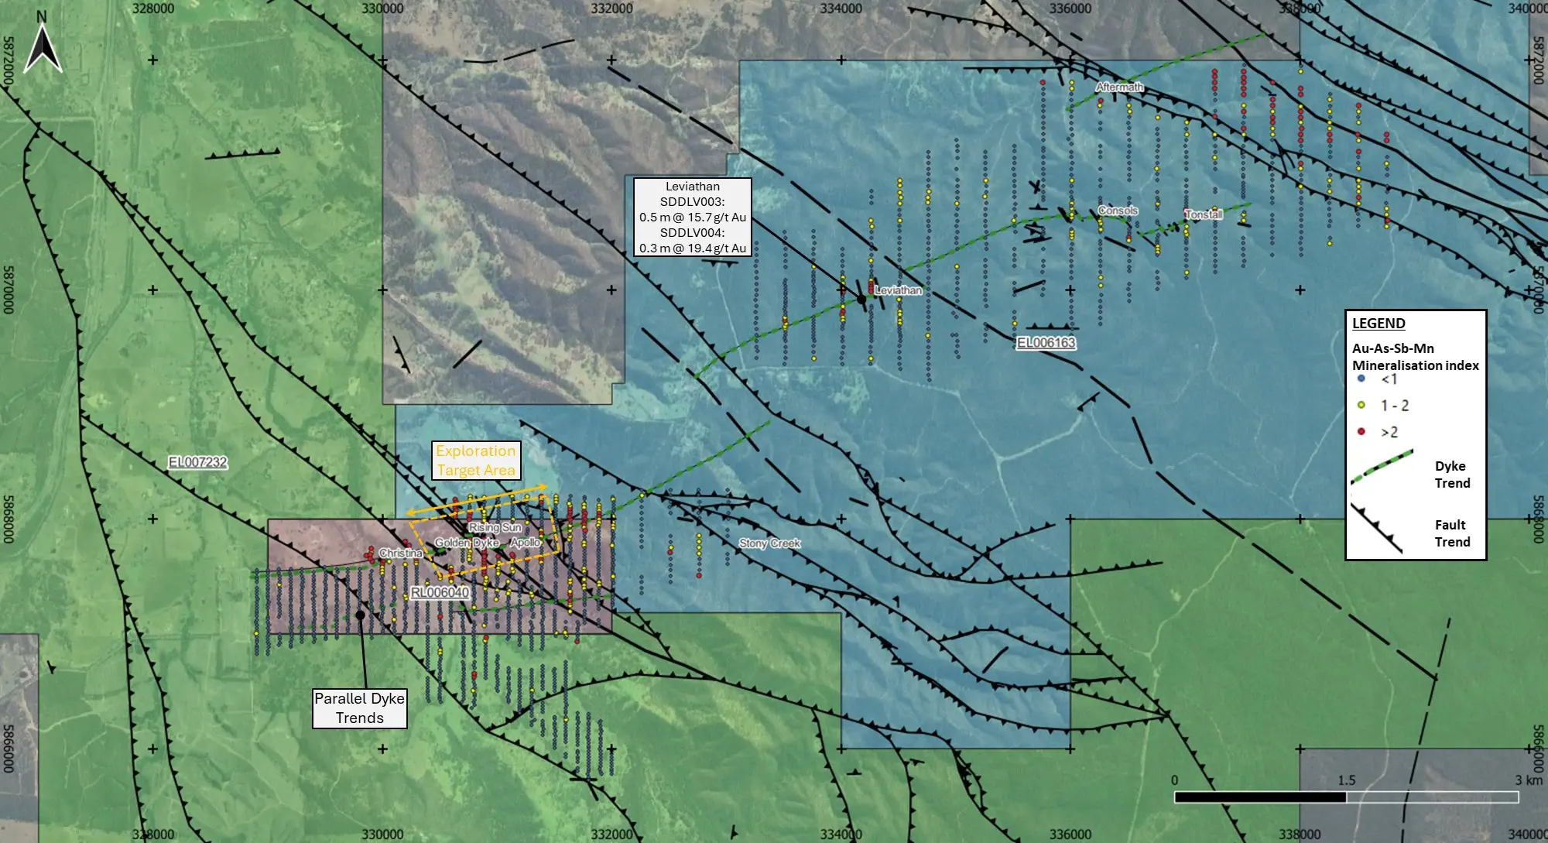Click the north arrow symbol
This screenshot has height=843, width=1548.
pyautogui.click(x=43, y=48)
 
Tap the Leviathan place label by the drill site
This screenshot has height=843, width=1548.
pyautogui.click(x=899, y=290)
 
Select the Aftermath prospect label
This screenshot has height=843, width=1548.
pyautogui.click(x=1119, y=87)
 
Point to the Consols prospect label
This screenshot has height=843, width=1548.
pyautogui.click(x=1118, y=211)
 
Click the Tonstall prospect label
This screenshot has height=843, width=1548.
pyautogui.click(x=1203, y=214)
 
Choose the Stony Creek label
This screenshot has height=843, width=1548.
pyautogui.click(x=769, y=543)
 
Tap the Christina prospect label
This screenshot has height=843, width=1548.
pyautogui.click(x=400, y=553)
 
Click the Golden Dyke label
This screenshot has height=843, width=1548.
pyautogui.click(x=466, y=543)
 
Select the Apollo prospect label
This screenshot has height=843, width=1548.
pyautogui.click(x=525, y=542)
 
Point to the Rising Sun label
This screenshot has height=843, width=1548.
pyautogui.click(x=495, y=527)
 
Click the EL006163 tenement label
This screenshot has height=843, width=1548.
pyautogui.click(x=1046, y=343)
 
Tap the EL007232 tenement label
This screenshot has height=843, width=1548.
pyautogui.click(x=198, y=462)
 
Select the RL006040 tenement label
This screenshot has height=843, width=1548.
pyautogui.click(x=439, y=592)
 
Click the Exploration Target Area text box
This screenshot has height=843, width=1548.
pyautogui.click(x=475, y=461)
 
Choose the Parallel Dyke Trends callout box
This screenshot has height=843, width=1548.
pyautogui.click(x=360, y=708)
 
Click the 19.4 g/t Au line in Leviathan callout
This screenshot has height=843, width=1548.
pyautogui.click(x=693, y=248)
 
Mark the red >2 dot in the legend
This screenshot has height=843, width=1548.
pyautogui.click(x=1361, y=431)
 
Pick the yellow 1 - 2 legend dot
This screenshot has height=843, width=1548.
pyautogui.click(x=1361, y=405)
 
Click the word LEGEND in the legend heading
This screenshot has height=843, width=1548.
pyautogui.click(x=1378, y=324)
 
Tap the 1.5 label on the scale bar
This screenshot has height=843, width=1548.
pyautogui.click(x=1346, y=780)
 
